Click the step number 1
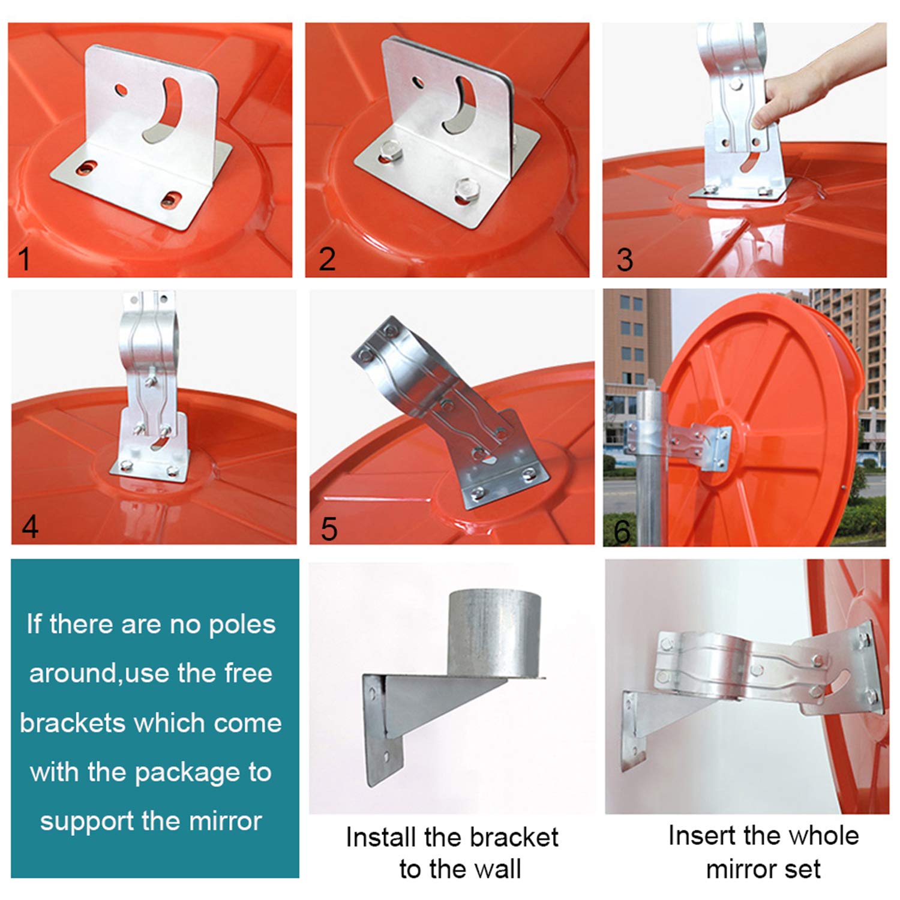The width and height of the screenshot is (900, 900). [24, 259]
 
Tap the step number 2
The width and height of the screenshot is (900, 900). [327, 259]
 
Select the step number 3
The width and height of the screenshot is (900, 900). [625, 260]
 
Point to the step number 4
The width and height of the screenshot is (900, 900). [30, 526]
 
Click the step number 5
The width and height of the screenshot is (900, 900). [329, 528]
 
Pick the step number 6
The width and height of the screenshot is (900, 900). [622, 530]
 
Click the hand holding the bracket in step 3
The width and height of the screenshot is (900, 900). [792, 96]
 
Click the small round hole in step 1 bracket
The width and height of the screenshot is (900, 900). [121, 91]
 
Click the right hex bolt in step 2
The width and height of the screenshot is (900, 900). [464, 188]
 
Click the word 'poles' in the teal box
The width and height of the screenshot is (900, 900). [242, 625]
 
